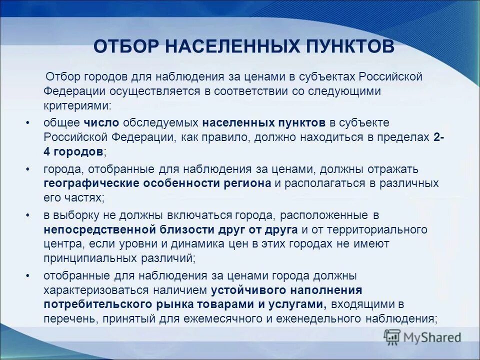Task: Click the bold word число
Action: (x=101, y=123)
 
